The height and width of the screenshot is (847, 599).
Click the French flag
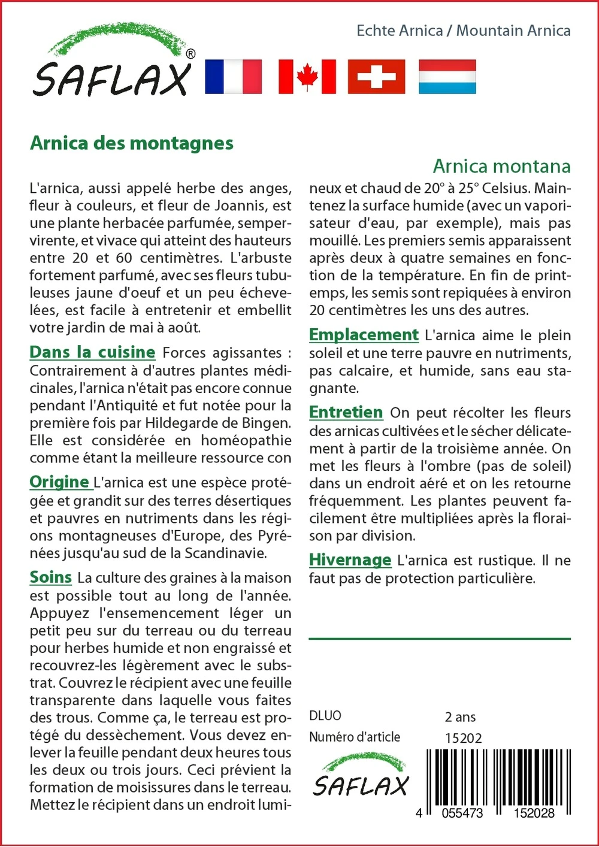pos(233,77)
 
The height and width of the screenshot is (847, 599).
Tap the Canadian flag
pos(307,77)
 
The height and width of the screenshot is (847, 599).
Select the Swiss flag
pos(376,77)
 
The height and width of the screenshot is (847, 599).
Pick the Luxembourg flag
pos(447,77)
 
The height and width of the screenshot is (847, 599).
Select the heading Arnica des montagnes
pos(132,143)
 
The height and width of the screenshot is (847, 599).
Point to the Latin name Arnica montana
pos(501,166)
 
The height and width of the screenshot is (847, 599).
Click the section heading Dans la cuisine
pos(92,352)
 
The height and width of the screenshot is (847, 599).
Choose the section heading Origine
pos(59,482)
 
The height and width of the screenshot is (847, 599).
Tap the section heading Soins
pos(51,577)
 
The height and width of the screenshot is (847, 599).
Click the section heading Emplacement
pos(364,335)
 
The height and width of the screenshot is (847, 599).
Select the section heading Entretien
pos(346,412)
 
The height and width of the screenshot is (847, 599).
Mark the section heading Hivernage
pos(350,560)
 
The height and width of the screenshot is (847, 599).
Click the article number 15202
pos(463,738)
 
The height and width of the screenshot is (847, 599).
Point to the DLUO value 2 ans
pos(460,716)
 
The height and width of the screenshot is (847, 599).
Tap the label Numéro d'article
pos(355,737)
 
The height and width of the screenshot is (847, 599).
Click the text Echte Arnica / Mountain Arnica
pos(463,31)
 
